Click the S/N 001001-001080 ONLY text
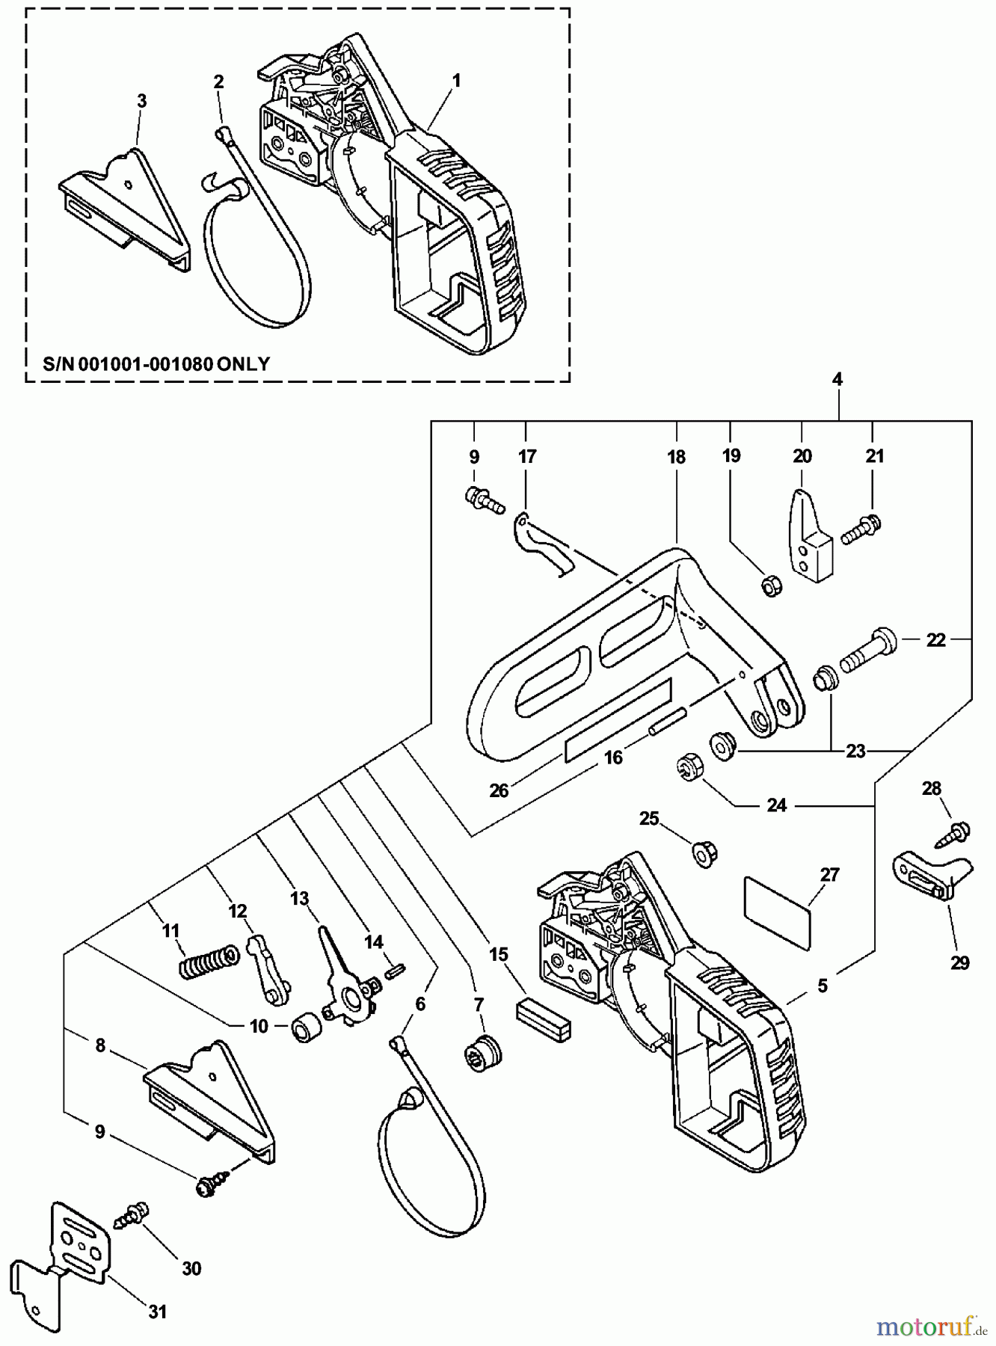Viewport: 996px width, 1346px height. click(156, 364)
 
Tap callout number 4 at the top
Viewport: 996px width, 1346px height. click(837, 379)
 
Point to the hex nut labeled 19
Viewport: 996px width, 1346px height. click(772, 586)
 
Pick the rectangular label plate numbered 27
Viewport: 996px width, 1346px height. click(778, 913)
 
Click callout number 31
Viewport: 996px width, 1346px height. click(157, 1312)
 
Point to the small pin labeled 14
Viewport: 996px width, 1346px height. click(396, 970)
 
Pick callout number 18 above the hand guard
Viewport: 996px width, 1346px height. click(676, 457)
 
